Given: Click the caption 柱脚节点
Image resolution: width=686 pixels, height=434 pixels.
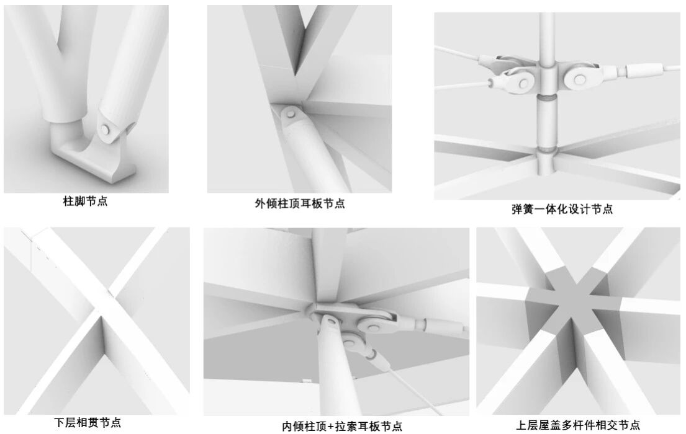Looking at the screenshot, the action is (85, 201).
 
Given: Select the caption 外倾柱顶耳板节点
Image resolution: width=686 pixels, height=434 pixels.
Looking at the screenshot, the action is (300, 203).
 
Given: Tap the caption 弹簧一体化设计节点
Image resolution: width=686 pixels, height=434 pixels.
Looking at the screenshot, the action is (562, 209).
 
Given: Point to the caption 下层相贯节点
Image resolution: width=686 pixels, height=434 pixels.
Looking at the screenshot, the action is (88, 423).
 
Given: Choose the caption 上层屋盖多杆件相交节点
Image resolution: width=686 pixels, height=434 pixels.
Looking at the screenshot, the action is (579, 425).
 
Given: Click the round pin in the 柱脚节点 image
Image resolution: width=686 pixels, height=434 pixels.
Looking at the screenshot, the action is (106, 130).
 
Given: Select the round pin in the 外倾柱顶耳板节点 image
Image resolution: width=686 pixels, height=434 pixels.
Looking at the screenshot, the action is (290, 115).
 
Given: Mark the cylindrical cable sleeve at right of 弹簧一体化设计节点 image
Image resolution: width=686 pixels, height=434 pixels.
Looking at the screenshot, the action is (644, 70).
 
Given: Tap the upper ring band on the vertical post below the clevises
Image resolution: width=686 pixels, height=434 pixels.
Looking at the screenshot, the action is (547, 97).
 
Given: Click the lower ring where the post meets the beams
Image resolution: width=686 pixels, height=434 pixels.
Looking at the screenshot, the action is (547, 150).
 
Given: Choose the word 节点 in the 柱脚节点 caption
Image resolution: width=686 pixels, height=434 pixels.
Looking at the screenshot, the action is (97, 201).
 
